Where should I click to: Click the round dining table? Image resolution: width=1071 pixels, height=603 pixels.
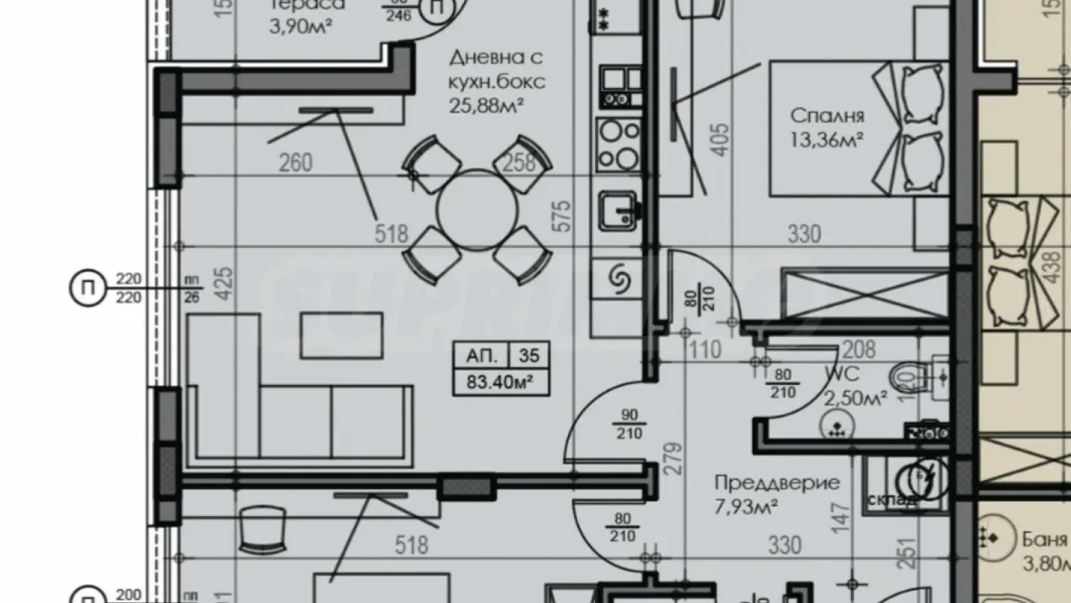coord(477,210)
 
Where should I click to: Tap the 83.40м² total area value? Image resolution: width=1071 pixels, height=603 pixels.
coord(501,384)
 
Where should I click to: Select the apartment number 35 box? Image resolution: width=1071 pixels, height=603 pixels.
coord(529,357)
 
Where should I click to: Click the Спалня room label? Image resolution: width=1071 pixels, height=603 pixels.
coord(827,115)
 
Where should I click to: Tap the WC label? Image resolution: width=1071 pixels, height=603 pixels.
coord(840,373)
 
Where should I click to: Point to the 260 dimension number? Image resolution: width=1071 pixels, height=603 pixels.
coord(295,162)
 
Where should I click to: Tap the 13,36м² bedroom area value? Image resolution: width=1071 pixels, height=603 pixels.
coord(827,138)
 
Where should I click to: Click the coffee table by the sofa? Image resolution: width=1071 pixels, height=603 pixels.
coord(341,336)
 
